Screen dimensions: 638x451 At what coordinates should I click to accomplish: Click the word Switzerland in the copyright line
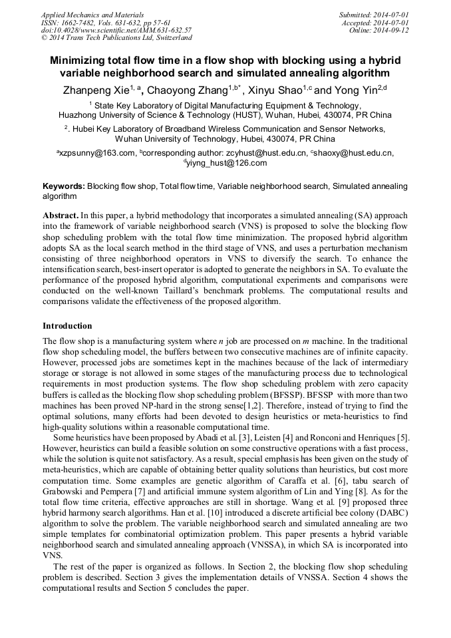170,38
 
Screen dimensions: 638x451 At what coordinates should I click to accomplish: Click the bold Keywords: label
63,187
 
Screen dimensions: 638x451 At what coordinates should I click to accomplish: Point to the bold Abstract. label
60,216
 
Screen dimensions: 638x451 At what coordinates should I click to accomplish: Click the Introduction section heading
67,326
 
